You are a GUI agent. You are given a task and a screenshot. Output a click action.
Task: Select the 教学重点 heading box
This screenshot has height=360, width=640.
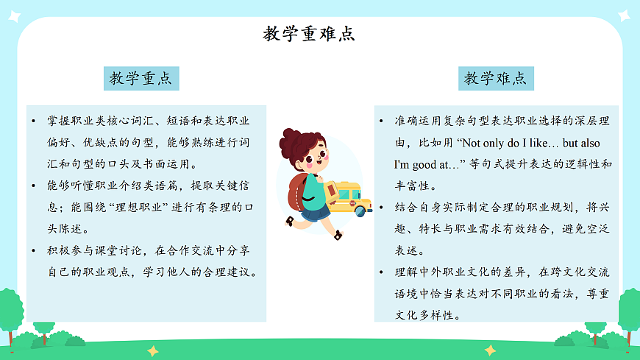[141, 78]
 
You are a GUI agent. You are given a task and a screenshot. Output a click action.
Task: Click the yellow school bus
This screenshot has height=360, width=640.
[346, 197]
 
